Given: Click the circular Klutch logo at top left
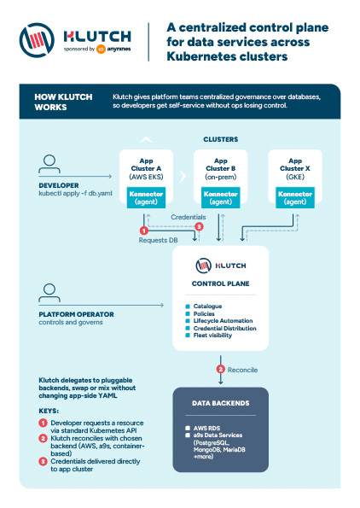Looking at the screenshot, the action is [x=37, y=40].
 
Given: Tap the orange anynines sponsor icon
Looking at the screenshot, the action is [x=101, y=49].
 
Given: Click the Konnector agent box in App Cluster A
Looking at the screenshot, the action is [x=146, y=197].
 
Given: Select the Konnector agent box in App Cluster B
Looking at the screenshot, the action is [x=220, y=197].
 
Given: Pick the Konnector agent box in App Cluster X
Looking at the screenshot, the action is [x=295, y=197].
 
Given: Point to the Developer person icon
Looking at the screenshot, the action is [x=49, y=164].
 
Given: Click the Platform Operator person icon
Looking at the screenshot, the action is [x=49, y=293].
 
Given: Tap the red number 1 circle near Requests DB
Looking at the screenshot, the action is [x=143, y=231].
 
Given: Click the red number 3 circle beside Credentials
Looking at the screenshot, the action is [x=199, y=227].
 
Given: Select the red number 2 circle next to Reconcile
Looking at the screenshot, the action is [x=221, y=370].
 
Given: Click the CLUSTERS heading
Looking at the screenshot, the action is [x=221, y=139].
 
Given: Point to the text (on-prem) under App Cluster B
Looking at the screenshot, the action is [x=220, y=177].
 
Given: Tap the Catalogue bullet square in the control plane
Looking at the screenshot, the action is [x=188, y=307].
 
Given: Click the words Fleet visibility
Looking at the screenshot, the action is [x=212, y=336].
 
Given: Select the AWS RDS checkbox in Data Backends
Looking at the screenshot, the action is [x=188, y=428].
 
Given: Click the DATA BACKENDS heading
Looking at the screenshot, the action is [x=221, y=403].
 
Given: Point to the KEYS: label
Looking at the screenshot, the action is [x=49, y=411].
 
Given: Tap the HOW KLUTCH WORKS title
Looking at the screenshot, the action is [x=63, y=102].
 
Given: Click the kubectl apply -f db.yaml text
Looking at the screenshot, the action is [x=75, y=194].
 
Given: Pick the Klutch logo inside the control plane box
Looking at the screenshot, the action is [x=221, y=266].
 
